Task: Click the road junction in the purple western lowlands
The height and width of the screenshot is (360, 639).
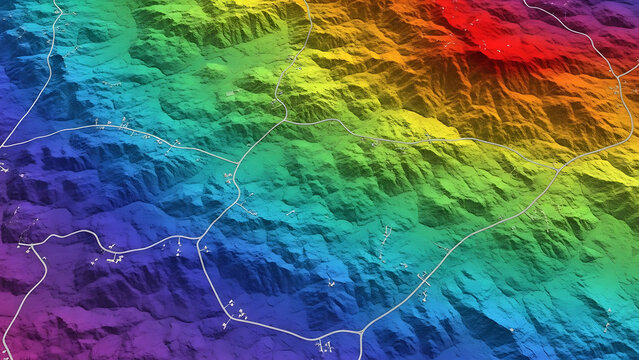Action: (x=31, y=243)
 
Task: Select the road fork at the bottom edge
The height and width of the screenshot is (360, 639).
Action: (x=359, y=332)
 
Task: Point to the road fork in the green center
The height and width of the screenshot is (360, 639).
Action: (x=284, y=114)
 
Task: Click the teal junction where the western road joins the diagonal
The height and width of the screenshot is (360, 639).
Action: (x=238, y=163)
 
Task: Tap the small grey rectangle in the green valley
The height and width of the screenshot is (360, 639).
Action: (x=233, y=94)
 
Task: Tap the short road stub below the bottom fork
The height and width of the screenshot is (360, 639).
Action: (x=360, y=347)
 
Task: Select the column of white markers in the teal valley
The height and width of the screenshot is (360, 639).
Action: (x=386, y=238)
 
